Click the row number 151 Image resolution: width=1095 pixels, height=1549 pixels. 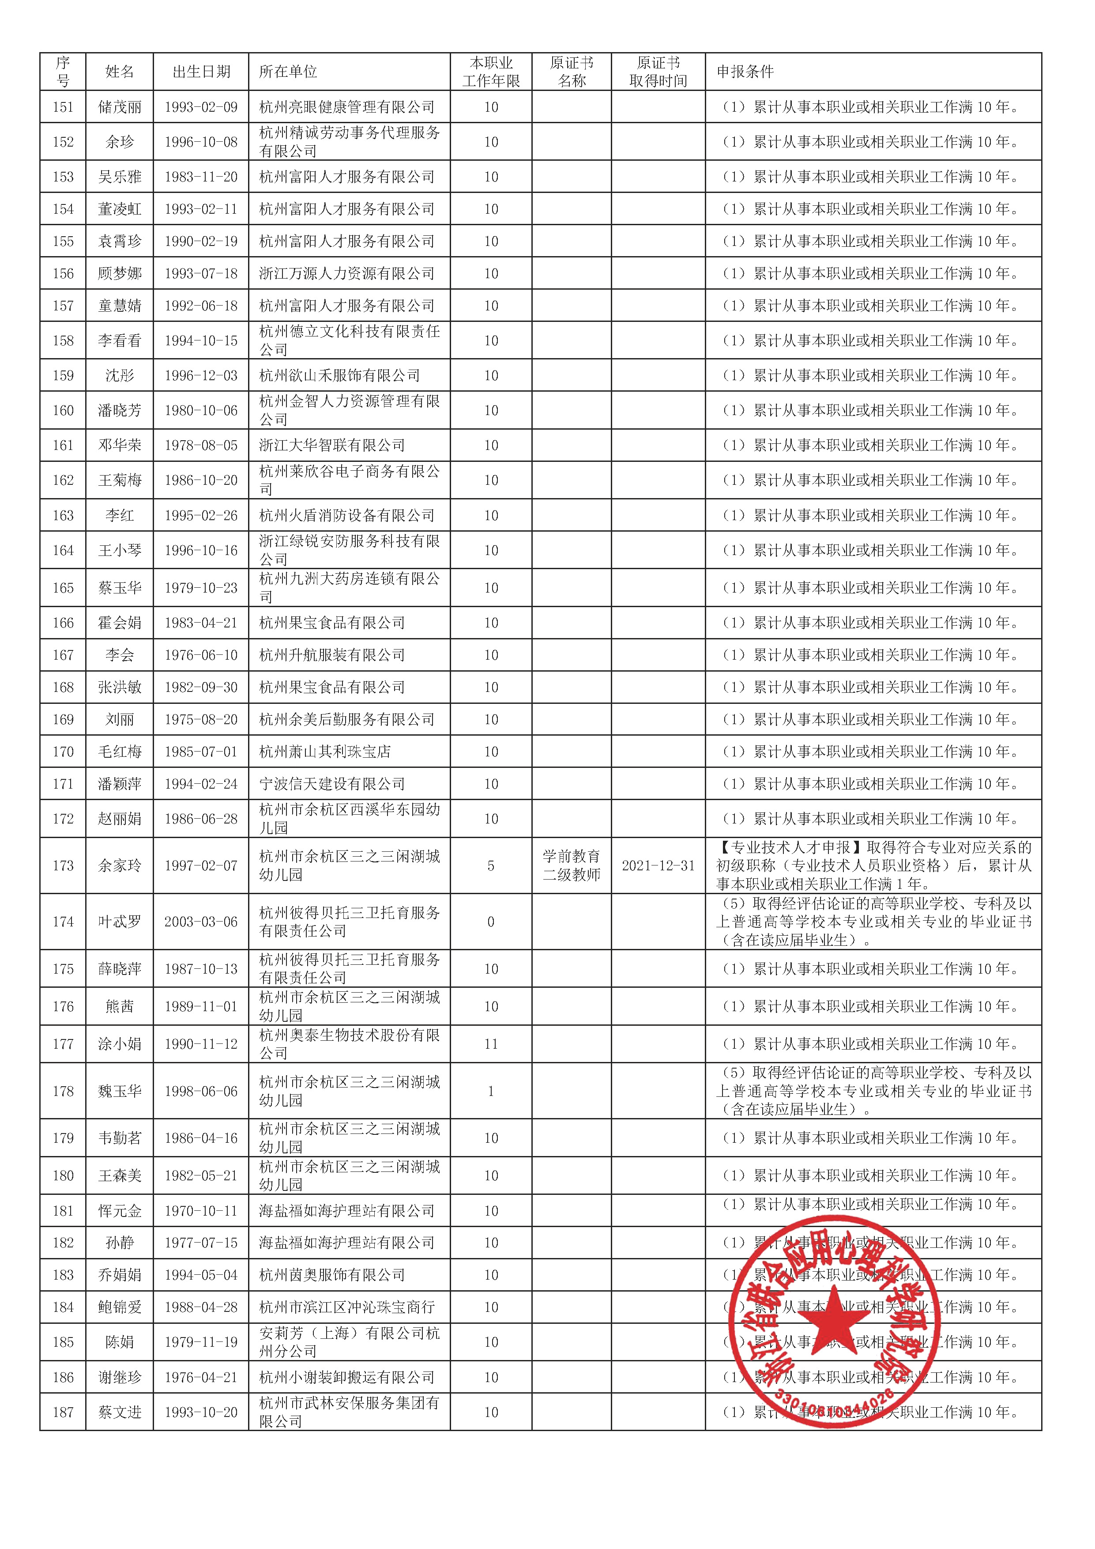pyautogui.click(x=63, y=106)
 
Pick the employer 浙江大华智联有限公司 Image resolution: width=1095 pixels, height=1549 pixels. pyautogui.click(x=332, y=445)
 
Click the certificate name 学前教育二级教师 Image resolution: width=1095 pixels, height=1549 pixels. pyautogui.click(x=571, y=865)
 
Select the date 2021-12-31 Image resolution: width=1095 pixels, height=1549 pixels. pyautogui.click(x=658, y=865)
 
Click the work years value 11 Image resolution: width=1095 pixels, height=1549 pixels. pyautogui.click(x=491, y=1044)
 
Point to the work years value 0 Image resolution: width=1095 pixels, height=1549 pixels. pyautogui.click(x=491, y=922)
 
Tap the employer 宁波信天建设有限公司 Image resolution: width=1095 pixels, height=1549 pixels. pyautogui.click(x=332, y=784)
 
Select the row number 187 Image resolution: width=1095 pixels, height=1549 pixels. pyautogui.click(x=63, y=1412)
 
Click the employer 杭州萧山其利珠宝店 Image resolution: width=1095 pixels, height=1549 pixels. pyautogui.click(x=325, y=752)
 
